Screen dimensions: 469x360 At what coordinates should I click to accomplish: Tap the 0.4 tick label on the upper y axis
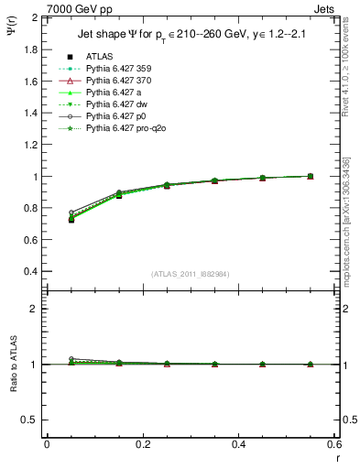32,272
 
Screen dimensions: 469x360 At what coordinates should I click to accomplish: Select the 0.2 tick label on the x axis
143,444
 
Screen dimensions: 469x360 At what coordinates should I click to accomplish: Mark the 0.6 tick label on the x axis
334,444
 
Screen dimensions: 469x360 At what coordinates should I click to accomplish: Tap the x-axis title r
336,458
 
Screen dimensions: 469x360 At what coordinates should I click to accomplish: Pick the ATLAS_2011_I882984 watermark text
191,274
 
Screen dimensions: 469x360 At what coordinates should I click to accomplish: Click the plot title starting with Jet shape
191,35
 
